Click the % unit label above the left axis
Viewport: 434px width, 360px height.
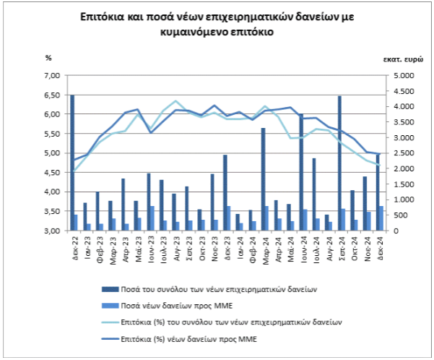pos(48,57)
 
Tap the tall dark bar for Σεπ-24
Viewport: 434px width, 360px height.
pos(339,163)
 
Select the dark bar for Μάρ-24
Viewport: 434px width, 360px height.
pos(263,179)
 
